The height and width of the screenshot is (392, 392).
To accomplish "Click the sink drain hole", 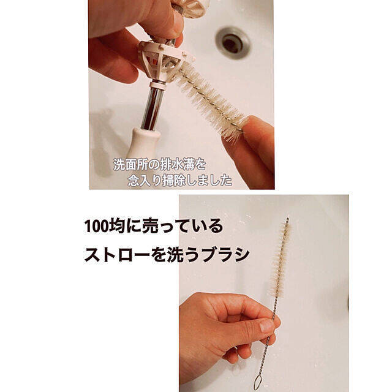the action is pyautogui.click(x=233, y=43).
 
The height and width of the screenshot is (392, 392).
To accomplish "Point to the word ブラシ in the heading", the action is pyautogui.click(x=225, y=255).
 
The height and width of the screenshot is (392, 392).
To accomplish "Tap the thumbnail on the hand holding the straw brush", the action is pyautogui.click(x=267, y=326).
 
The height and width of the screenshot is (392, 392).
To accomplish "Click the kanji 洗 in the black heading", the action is pyautogui.click(x=174, y=255).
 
